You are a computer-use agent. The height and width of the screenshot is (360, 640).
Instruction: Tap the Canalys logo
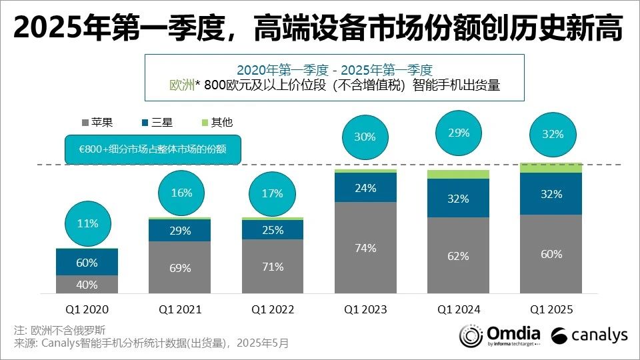[x=589, y=335]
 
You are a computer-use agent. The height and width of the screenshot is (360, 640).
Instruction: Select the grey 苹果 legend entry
[x=97, y=123]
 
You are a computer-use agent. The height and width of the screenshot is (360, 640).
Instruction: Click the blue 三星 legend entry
[x=157, y=123]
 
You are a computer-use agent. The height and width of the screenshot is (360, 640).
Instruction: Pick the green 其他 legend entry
[x=217, y=123]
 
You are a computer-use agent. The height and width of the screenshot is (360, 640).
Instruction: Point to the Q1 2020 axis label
[x=87, y=309]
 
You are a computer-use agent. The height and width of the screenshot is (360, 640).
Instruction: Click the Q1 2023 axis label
[x=365, y=309]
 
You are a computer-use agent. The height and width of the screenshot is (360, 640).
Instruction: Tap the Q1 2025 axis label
[x=551, y=309]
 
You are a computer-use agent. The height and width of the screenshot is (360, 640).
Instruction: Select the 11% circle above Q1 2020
[x=87, y=224]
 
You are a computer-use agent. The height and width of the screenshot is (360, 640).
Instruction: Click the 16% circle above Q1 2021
[x=180, y=193]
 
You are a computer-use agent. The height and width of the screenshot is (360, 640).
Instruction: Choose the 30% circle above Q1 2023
[x=365, y=137]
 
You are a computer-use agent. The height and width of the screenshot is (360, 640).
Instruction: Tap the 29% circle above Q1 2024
[x=459, y=133]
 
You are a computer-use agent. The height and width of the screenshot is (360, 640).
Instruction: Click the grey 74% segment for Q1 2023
[x=365, y=247]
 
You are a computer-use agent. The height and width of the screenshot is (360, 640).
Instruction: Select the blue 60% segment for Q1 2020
[x=87, y=263]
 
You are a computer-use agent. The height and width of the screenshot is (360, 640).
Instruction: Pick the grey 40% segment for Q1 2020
[x=87, y=285]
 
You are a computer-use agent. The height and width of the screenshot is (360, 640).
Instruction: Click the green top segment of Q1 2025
[x=551, y=167]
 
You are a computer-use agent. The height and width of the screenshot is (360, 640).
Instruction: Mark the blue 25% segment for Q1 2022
[x=273, y=229]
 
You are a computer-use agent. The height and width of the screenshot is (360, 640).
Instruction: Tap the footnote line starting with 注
[x=59, y=330]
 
